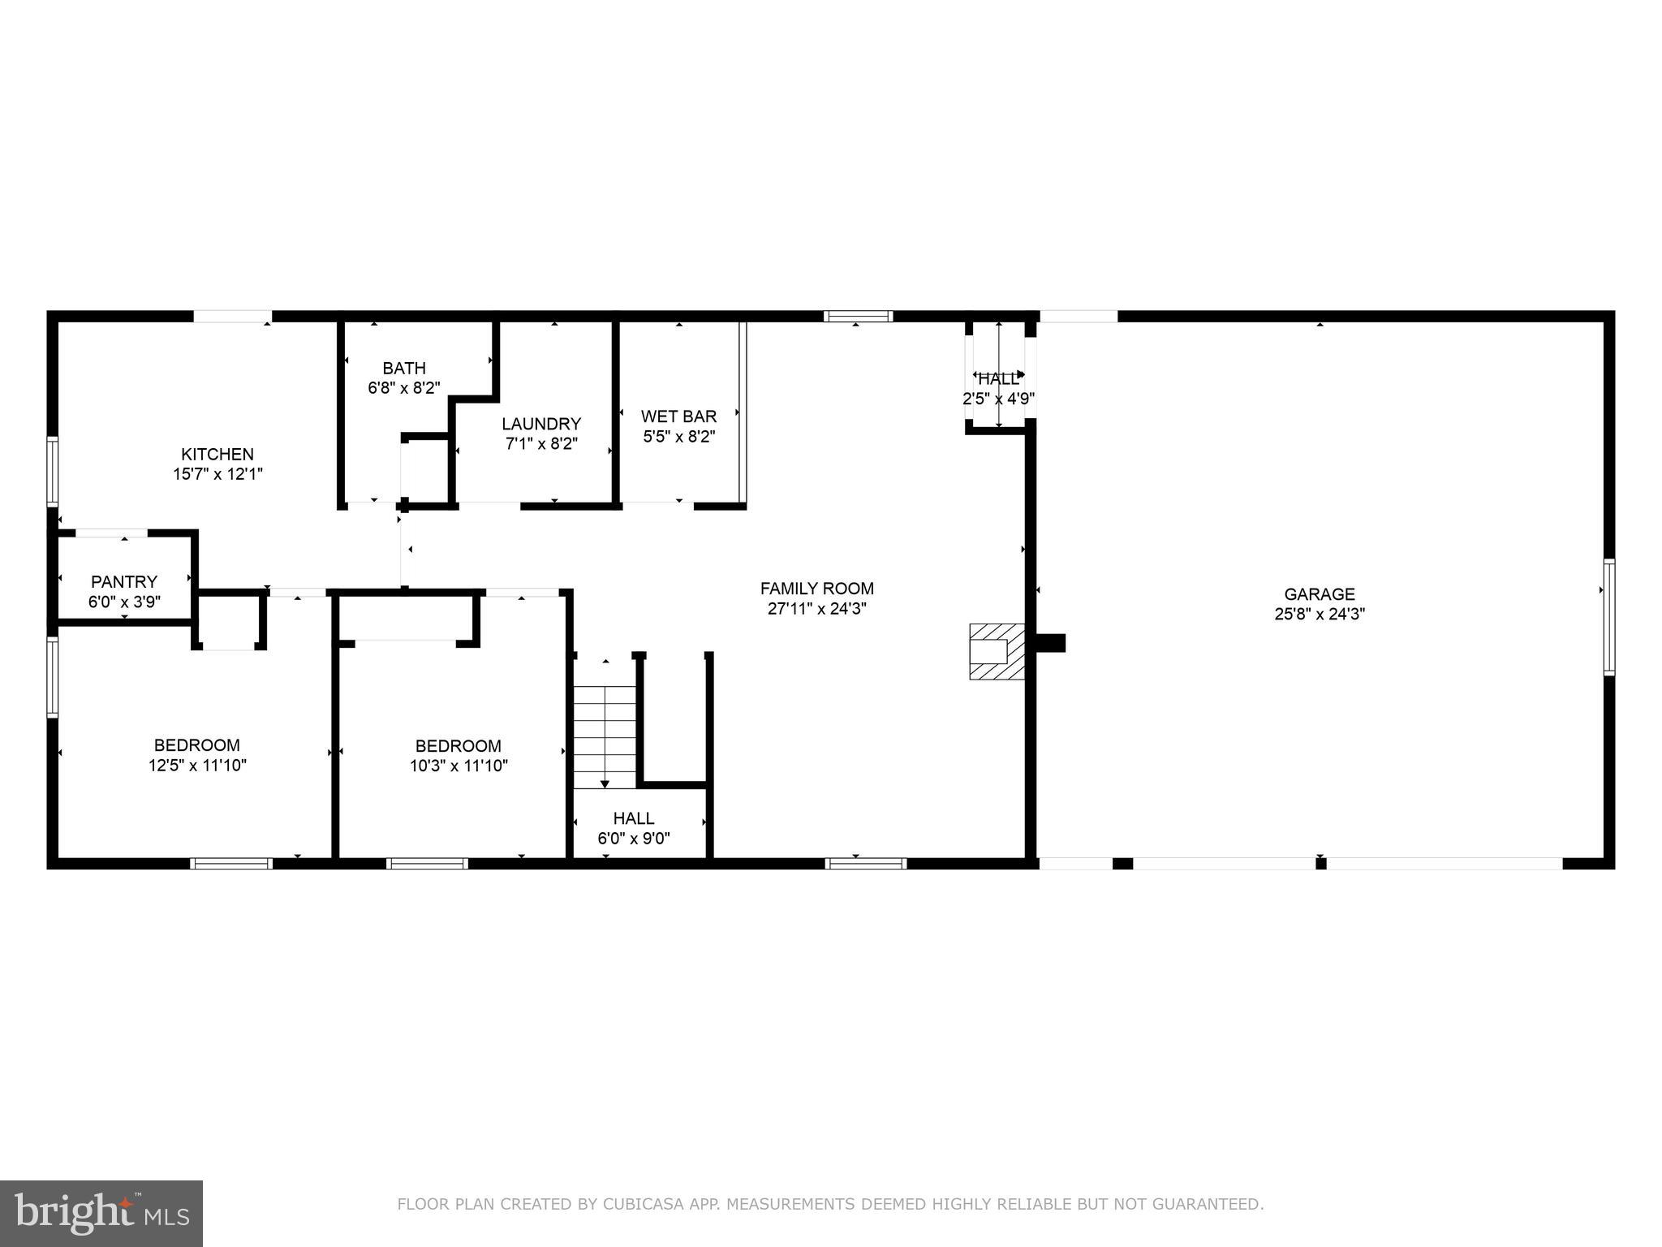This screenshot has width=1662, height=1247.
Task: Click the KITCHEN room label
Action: point(217,454)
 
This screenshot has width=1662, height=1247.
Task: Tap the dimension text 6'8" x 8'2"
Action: point(404,388)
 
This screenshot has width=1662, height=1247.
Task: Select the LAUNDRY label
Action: point(541,424)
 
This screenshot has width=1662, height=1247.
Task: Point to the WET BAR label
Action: point(678,416)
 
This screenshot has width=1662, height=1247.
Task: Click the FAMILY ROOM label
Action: point(816,589)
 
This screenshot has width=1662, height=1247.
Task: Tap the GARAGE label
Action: point(1320,594)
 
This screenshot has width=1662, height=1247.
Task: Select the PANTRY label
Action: point(124,581)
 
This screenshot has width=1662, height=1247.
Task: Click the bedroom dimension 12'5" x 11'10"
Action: point(197,765)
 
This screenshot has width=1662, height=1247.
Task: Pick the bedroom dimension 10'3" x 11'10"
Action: point(459,765)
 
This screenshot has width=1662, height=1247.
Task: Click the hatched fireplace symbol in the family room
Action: point(997,651)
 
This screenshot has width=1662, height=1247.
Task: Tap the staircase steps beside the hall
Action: point(605,736)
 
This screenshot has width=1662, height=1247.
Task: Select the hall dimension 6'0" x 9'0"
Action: point(634,839)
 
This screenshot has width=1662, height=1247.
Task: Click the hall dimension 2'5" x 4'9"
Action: point(998,399)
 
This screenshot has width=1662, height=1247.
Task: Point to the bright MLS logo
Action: point(101,1213)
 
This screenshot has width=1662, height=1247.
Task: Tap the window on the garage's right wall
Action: point(1608,617)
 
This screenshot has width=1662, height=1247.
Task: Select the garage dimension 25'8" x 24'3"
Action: point(1320,615)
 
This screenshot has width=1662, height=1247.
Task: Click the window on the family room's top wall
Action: point(858,317)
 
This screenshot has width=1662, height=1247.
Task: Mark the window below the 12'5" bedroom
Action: point(231,863)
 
